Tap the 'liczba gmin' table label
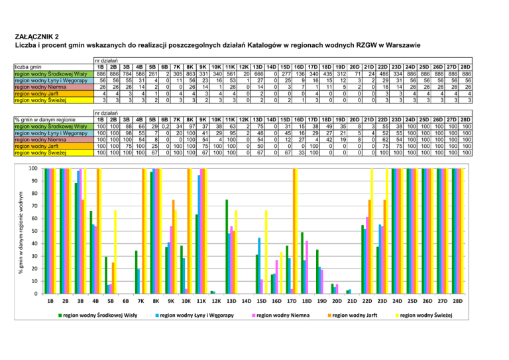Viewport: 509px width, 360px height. pos(28,66)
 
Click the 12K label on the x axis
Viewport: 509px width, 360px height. pos(212,301)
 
